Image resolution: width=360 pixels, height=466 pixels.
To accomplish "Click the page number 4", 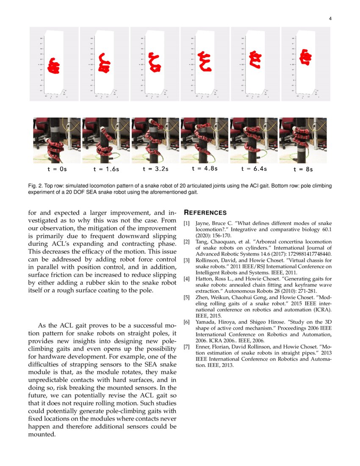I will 330,18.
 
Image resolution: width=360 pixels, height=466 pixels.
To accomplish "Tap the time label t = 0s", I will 57,169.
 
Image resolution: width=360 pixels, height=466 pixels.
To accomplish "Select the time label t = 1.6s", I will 106,169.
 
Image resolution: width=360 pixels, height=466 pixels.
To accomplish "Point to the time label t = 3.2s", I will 155,169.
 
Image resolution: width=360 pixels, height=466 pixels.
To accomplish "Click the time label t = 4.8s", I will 205,169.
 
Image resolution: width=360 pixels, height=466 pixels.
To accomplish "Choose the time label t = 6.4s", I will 254,169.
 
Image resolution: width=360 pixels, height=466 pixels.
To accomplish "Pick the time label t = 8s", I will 303,169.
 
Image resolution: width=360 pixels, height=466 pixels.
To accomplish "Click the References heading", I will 205,213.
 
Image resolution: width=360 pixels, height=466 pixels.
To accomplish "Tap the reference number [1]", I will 187,223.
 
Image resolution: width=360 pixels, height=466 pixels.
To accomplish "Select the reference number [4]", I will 187,279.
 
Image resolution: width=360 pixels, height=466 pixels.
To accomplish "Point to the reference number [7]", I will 187,347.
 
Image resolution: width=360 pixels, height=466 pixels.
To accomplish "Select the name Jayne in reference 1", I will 202,223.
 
